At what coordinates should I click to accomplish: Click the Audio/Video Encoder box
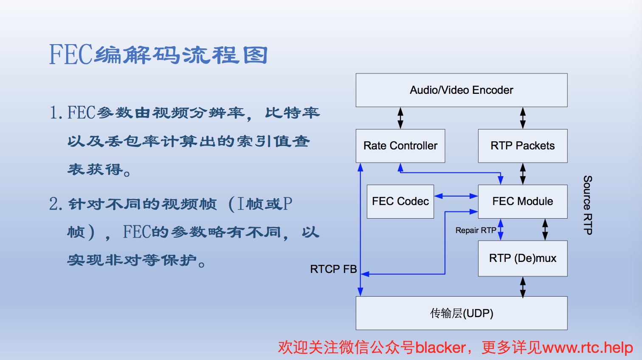[462, 90]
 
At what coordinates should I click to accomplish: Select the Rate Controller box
[400, 146]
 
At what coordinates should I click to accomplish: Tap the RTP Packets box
[523, 146]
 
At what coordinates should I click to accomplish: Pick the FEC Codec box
[400, 201]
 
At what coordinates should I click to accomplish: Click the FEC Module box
[523, 201]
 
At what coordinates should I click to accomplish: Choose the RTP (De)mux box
[523, 258]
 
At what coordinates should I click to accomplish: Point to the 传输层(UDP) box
[462, 313]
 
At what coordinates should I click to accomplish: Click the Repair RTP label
[476, 230]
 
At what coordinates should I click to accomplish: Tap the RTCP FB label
[333, 269]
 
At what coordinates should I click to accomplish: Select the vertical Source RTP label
[588, 205]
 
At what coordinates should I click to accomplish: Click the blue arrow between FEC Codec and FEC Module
[456, 196]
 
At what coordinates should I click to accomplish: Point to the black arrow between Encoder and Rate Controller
[400, 118]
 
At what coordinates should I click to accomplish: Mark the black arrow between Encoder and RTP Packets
[523, 118]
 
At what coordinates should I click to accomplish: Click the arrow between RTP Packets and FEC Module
[523, 174]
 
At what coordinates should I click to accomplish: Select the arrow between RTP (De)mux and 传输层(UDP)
[523, 287]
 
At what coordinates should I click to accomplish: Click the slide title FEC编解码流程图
[158, 55]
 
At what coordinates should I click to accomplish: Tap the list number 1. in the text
[56, 113]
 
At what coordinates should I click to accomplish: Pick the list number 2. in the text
[56, 204]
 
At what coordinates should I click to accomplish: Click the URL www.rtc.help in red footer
[588, 348]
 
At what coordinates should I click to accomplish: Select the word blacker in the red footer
[440, 348]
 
